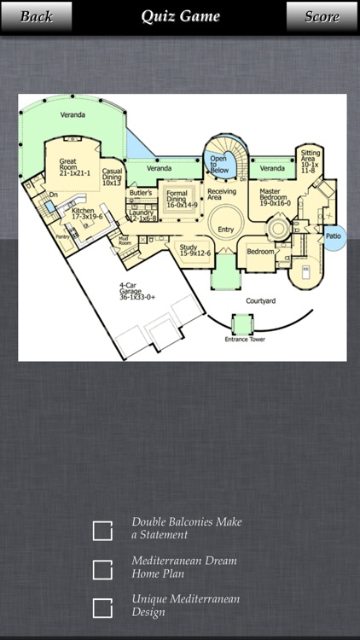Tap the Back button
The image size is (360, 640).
click(35, 16)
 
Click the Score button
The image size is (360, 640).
click(322, 16)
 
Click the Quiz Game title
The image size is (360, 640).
click(179, 16)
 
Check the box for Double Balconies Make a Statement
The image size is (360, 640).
click(102, 530)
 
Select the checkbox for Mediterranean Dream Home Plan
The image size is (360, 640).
click(102, 569)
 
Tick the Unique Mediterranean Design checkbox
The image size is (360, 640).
click(102, 608)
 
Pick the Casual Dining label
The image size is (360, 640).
click(112, 176)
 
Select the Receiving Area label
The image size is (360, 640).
click(222, 195)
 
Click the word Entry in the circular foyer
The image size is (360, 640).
click(225, 229)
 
